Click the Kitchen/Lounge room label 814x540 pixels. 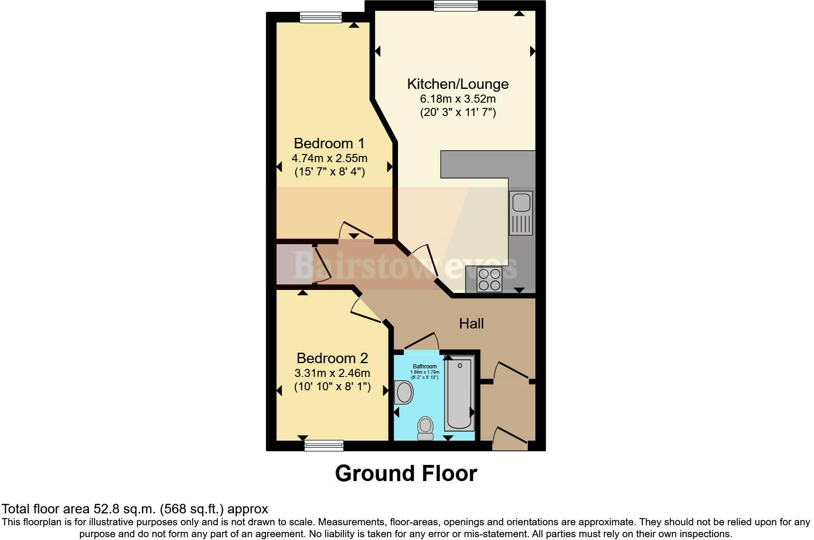tap(457, 84)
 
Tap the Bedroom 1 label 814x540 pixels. tap(329, 143)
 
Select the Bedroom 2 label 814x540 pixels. tap(332, 358)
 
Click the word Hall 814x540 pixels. tap(471, 324)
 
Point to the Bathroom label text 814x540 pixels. tap(425, 366)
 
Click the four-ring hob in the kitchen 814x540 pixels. tap(489, 280)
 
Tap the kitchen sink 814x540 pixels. tap(521, 212)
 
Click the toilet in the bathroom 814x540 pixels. tap(425, 428)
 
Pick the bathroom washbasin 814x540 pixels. tap(404, 393)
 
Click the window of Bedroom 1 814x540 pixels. tap(320, 17)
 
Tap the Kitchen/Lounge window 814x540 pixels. tap(455, 6)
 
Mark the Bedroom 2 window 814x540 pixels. tap(324, 445)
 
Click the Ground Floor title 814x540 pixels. tap(406, 473)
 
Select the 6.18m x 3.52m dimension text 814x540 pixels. tap(457, 99)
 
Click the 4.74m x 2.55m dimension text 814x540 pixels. tap(329, 158)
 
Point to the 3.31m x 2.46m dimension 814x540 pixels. tap(332, 373)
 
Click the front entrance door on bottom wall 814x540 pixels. tap(510, 439)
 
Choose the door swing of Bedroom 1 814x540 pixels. tap(356, 231)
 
